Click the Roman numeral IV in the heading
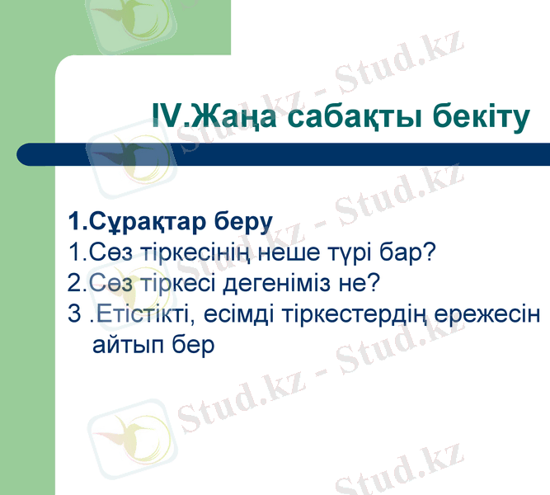click(x=171, y=117)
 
